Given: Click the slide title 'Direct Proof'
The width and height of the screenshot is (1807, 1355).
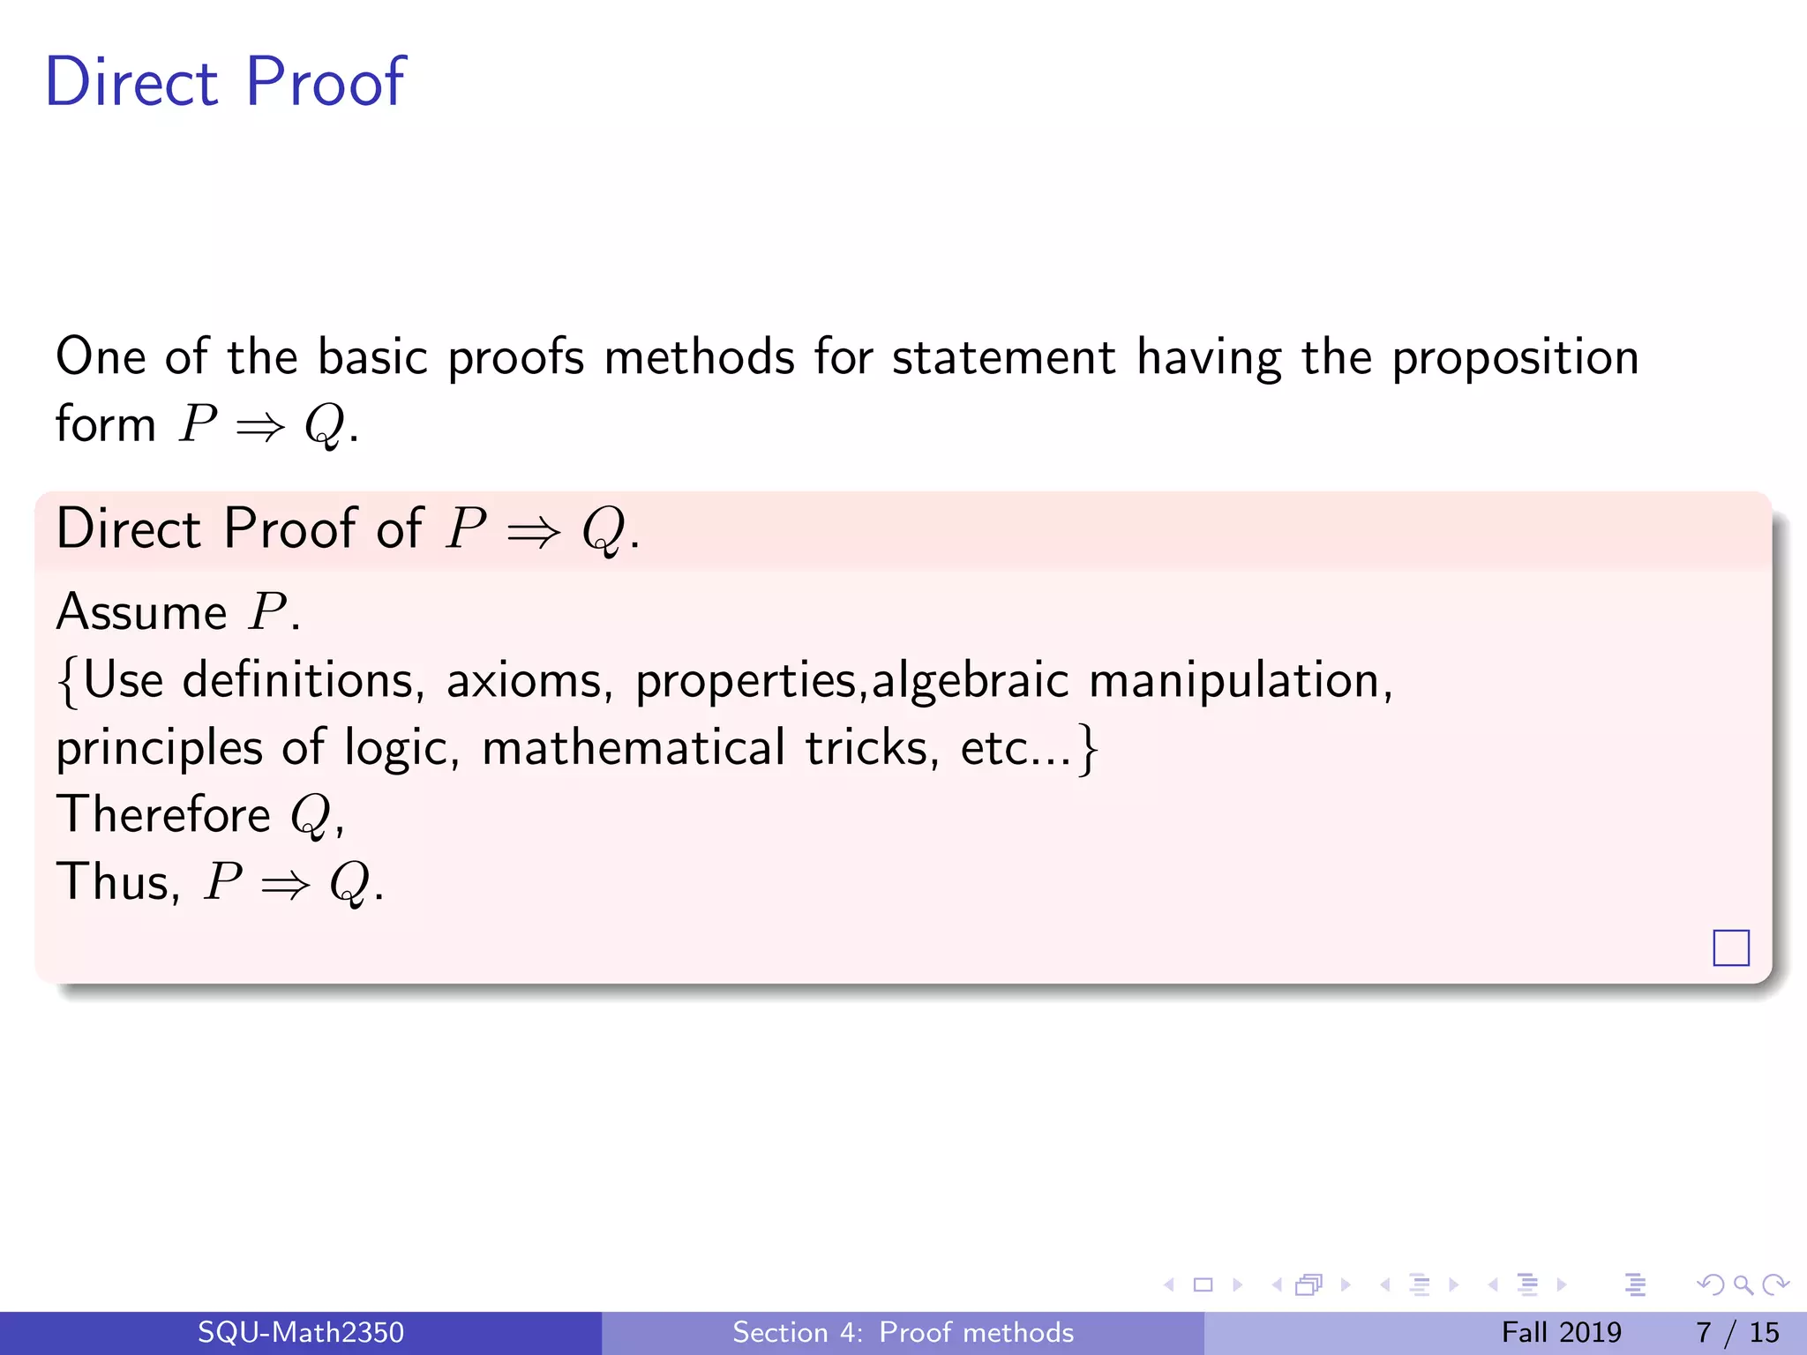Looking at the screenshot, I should pos(225,82).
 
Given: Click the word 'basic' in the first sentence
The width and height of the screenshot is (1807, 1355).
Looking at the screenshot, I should pos(371,357).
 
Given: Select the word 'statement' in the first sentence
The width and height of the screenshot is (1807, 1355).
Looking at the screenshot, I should pos(1003,357).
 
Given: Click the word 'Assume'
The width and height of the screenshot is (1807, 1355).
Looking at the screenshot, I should pos(141,612).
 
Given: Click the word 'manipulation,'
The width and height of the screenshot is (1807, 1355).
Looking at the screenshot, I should pos(1241,681).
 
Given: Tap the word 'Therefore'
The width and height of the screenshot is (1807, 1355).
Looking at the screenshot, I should pos(163,813).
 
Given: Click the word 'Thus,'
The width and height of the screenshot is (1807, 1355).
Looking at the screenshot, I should pos(118,881).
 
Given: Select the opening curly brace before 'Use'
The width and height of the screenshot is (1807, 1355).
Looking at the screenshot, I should pos(68,683).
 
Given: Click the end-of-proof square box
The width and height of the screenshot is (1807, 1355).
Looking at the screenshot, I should pos(1730,948).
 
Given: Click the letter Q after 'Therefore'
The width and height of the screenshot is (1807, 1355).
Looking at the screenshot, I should pos(311,815).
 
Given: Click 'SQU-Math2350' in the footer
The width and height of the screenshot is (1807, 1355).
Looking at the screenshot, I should pos(300,1332).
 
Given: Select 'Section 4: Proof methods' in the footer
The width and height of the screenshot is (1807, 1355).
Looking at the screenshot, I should pos(903,1332).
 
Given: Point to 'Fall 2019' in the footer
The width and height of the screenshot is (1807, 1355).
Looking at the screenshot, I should pos(1561,1332).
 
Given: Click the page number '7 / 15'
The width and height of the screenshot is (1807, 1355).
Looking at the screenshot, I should pos(1736,1332).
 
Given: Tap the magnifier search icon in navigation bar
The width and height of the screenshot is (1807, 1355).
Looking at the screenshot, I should pos(1743,1285).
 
